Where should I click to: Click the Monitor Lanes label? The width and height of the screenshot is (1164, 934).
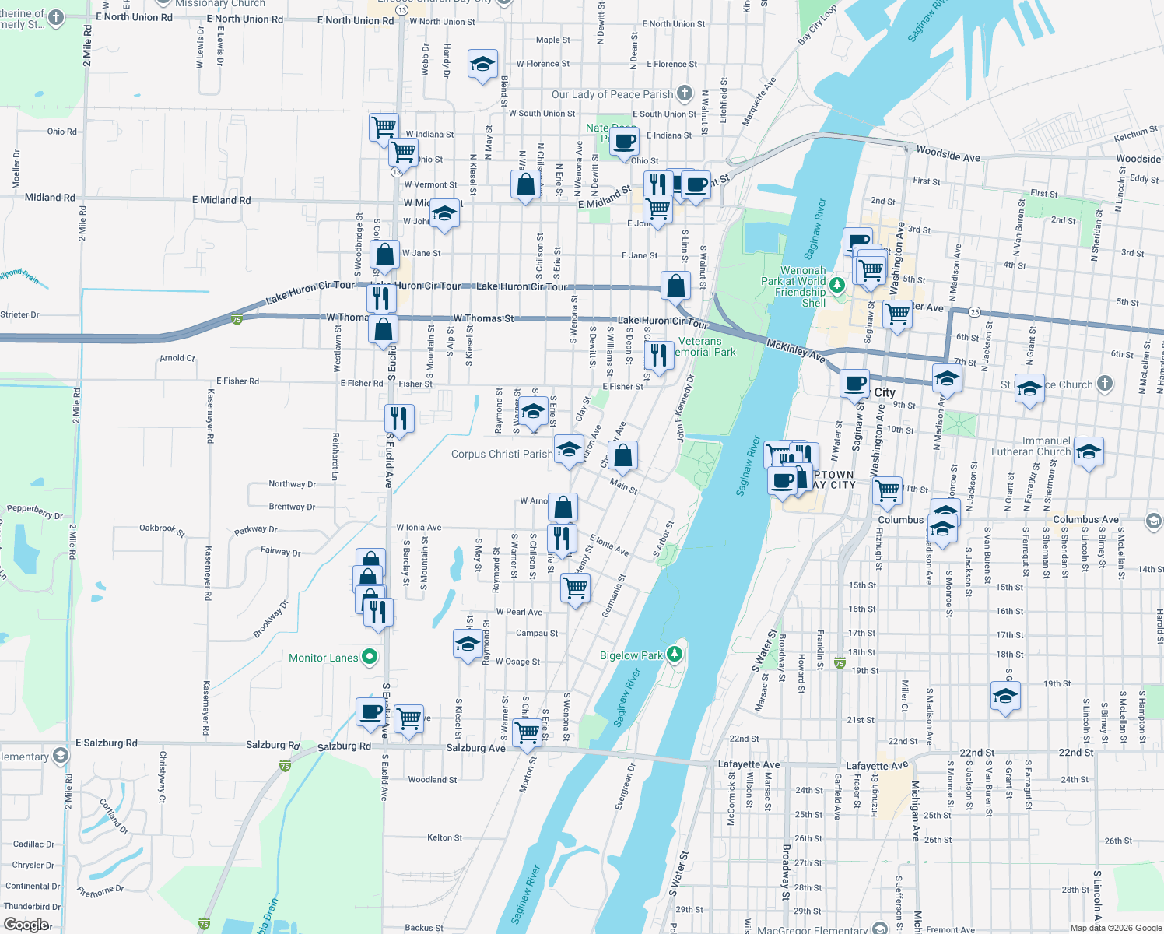coord(323,658)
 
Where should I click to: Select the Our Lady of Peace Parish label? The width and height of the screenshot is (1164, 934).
coord(612,94)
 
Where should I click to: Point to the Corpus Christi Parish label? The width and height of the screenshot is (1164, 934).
coord(501,454)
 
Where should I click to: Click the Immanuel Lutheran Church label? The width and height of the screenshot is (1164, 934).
coord(1031,446)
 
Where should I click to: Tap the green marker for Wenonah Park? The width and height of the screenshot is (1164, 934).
coord(837,284)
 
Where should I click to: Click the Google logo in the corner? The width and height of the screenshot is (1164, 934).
coord(26,925)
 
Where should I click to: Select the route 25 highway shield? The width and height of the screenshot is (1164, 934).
coord(974,311)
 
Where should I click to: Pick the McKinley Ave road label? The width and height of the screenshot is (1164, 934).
coord(795,350)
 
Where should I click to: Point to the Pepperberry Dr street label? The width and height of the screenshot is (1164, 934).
coord(35,511)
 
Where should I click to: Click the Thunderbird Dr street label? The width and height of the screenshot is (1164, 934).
coord(32,906)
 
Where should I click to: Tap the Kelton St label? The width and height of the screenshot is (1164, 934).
coord(444,837)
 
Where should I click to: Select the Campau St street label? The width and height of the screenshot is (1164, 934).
coord(536,633)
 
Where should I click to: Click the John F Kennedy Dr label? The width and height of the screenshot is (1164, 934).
coord(685,409)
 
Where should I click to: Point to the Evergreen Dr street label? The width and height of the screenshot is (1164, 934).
coord(625,786)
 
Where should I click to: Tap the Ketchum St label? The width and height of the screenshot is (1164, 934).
coord(1135,134)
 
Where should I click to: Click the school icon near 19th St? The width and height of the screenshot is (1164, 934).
coord(1005,696)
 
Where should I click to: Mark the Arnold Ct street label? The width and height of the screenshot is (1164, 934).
coord(177,358)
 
